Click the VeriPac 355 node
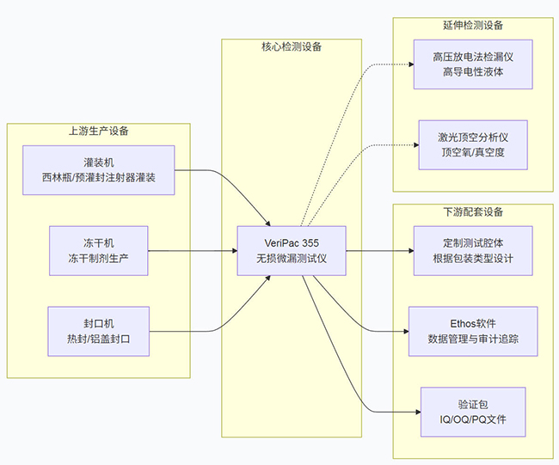point(291,251)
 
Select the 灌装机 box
point(98,170)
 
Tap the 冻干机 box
point(98,251)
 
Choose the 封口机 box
point(98,331)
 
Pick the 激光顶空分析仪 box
point(472,144)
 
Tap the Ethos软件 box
point(472,331)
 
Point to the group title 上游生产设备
point(98,132)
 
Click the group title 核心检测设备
point(291,46)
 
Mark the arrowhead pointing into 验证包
point(416,412)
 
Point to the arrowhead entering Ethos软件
point(403,331)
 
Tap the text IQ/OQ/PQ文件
point(472,420)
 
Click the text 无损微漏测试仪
point(291,259)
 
